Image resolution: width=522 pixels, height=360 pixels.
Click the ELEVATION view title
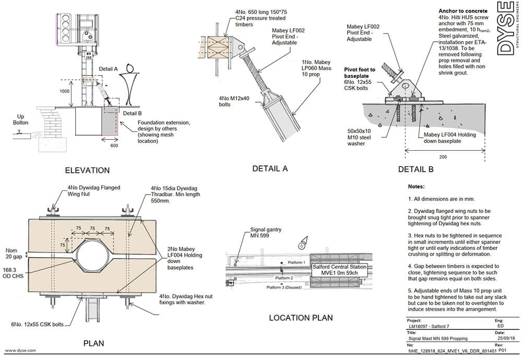click(x=87, y=170)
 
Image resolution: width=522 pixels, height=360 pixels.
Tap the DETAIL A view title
click(x=270, y=168)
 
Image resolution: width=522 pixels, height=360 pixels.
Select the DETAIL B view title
click(x=416, y=169)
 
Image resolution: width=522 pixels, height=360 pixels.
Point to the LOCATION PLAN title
click(x=300, y=318)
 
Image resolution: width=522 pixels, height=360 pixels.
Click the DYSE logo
click(x=504, y=33)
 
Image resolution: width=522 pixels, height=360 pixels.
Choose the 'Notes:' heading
click(x=417, y=186)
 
